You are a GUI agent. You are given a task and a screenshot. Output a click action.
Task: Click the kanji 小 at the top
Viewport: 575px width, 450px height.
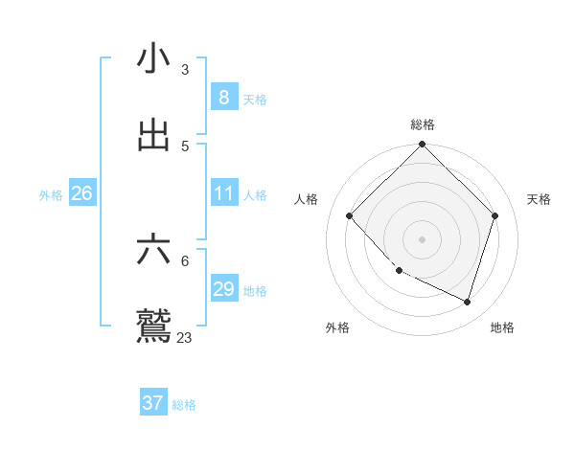coord(153,58)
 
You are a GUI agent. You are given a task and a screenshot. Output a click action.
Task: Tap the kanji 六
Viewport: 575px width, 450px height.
coord(153,250)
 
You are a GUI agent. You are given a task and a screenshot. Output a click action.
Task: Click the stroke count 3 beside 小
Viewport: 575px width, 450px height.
coord(184,69)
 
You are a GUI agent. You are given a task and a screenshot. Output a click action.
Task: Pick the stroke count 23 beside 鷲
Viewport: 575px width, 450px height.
coord(184,337)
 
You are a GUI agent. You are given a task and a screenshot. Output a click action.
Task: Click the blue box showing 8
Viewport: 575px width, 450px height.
coord(223,97)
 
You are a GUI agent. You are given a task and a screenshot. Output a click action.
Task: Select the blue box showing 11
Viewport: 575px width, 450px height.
coord(223,193)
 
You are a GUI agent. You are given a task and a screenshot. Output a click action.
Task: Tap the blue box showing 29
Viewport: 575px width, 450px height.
coord(223,289)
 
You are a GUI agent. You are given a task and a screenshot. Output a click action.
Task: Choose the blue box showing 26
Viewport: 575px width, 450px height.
coord(81,193)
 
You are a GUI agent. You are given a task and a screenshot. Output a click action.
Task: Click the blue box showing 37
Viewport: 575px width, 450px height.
coord(152,403)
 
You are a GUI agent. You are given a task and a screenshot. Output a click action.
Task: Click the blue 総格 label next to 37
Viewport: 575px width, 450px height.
coord(184,405)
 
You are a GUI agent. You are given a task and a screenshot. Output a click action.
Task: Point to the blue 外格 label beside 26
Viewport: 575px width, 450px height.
coord(51,194)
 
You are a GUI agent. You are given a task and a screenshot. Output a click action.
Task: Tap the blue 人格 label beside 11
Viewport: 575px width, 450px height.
coord(255,194)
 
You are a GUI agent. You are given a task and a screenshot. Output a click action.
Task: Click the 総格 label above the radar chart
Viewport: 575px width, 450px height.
coord(423,124)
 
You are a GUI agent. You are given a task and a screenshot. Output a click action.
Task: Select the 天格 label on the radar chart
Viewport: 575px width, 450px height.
coord(540,199)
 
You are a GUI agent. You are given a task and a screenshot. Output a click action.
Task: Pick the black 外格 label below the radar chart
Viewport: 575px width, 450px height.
coord(337,327)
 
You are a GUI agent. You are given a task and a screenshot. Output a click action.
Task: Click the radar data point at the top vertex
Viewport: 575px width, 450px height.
coord(422,146)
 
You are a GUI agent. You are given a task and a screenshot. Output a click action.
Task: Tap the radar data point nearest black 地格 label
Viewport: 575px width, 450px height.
coord(467,302)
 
